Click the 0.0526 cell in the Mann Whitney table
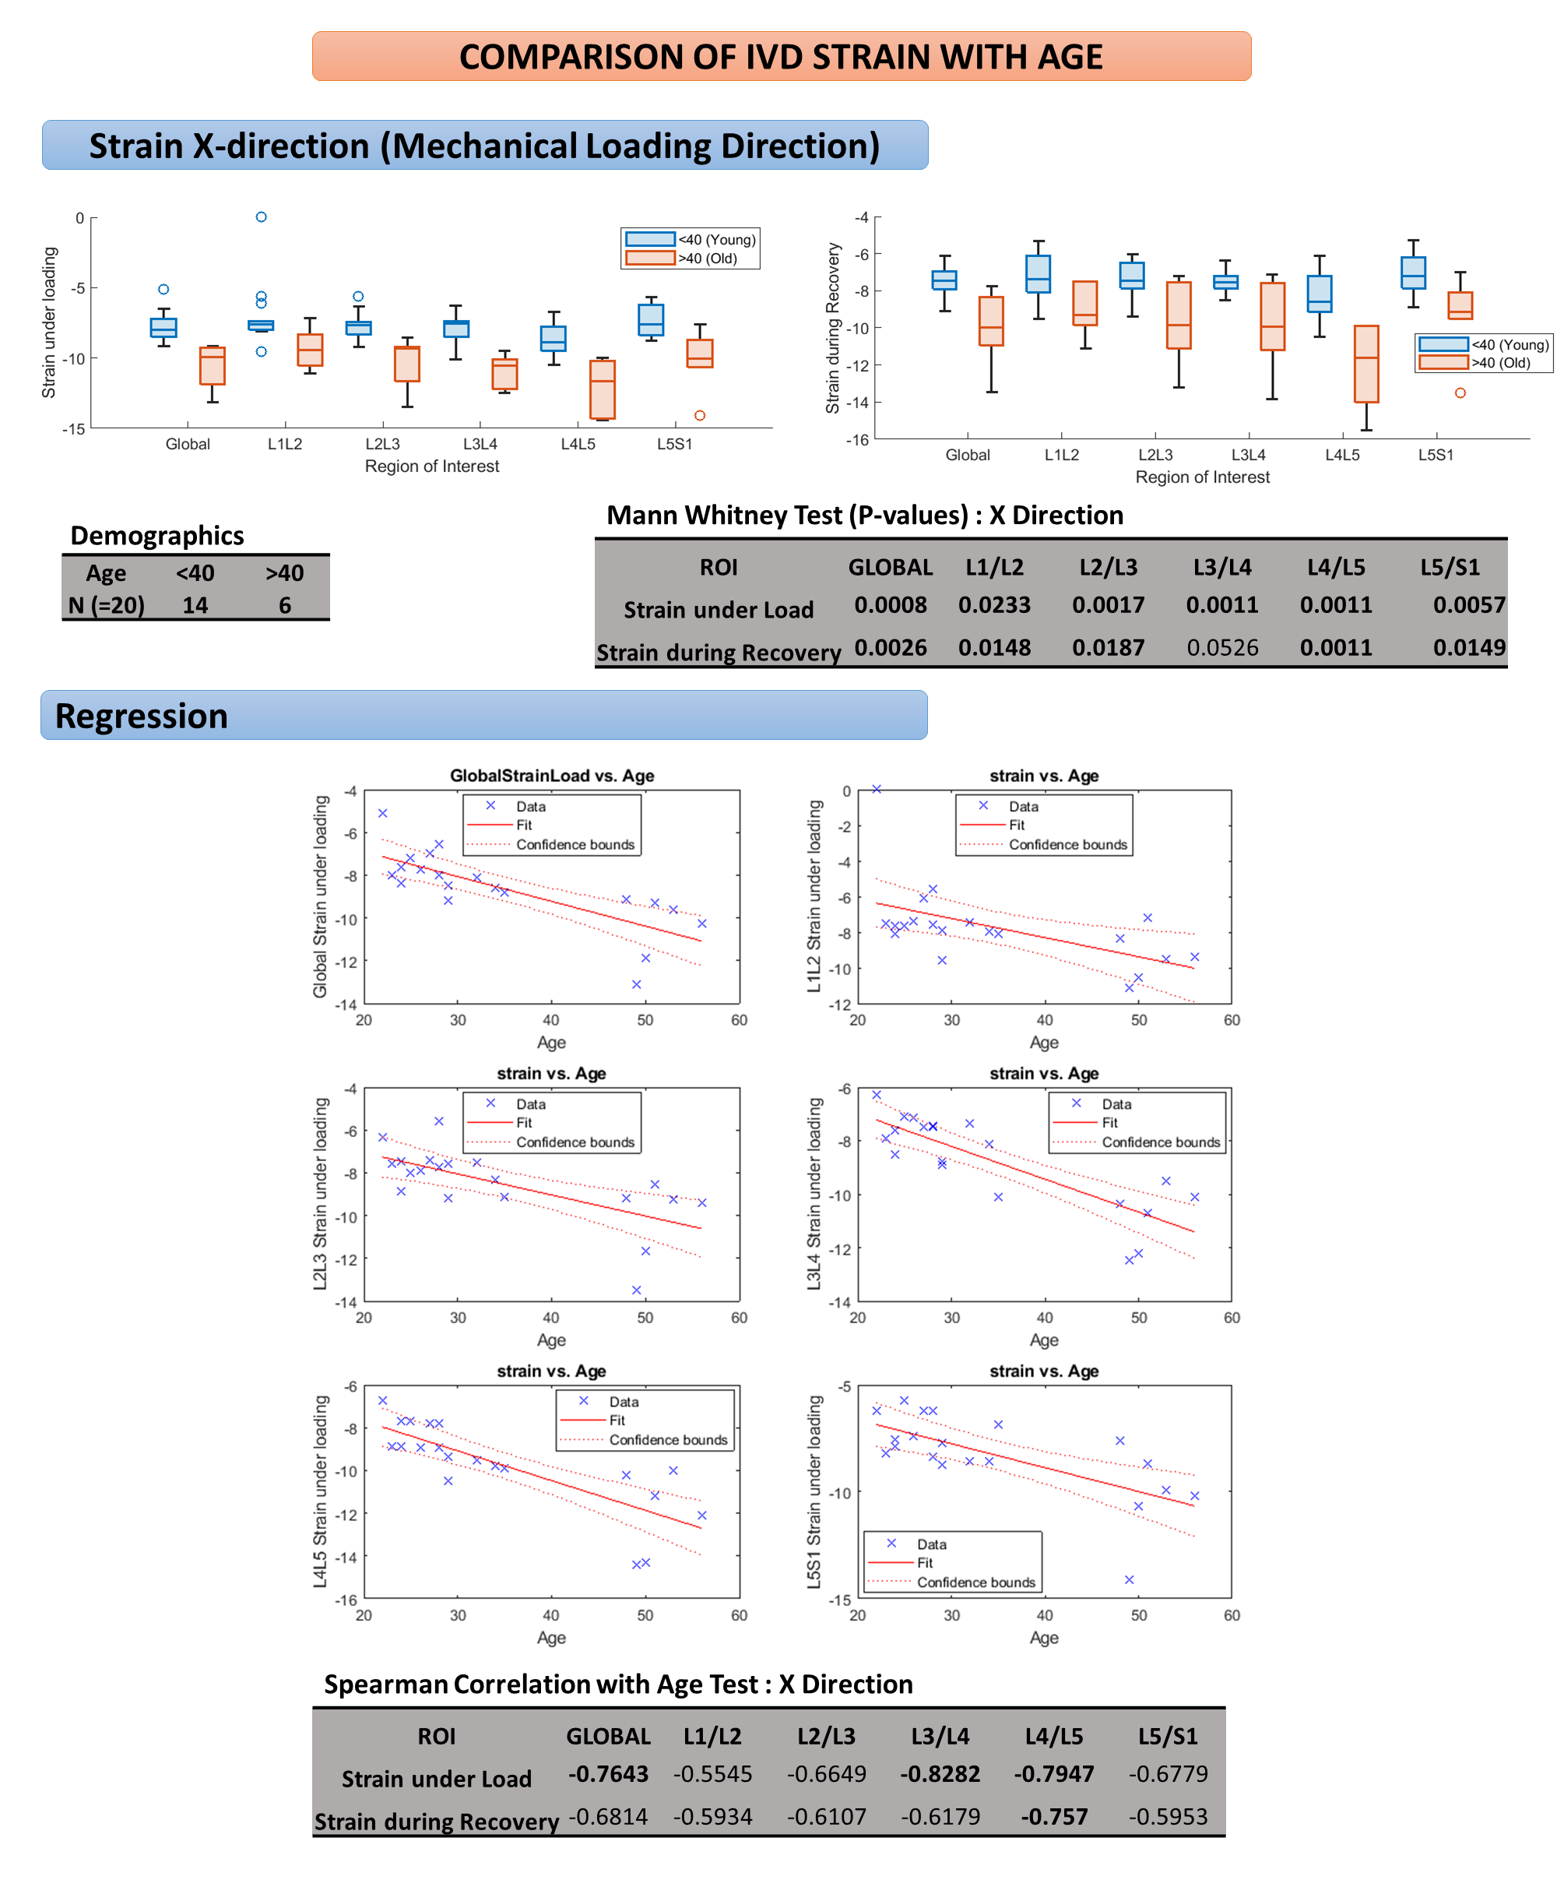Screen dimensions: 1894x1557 [x=1221, y=647]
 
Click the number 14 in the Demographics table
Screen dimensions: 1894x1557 [x=195, y=606]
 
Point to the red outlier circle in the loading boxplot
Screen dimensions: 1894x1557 [x=700, y=415]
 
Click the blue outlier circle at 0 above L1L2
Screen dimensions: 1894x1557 [x=261, y=217]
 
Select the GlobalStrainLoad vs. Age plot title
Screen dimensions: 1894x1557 [x=552, y=775]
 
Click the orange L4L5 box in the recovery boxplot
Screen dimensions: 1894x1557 [x=1366, y=364]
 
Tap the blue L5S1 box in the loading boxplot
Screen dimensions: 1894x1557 [x=651, y=319]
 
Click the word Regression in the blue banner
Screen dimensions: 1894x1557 [x=142, y=716]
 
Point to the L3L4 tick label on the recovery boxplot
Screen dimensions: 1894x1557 [x=1248, y=455]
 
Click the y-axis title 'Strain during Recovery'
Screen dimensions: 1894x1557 [x=832, y=328]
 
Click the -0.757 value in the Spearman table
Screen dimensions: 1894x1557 [x=1054, y=1816]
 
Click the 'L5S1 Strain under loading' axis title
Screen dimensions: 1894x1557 [x=814, y=1491]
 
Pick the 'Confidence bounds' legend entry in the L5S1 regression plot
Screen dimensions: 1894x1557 [x=975, y=1582]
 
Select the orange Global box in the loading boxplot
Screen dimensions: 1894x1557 [x=213, y=365]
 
